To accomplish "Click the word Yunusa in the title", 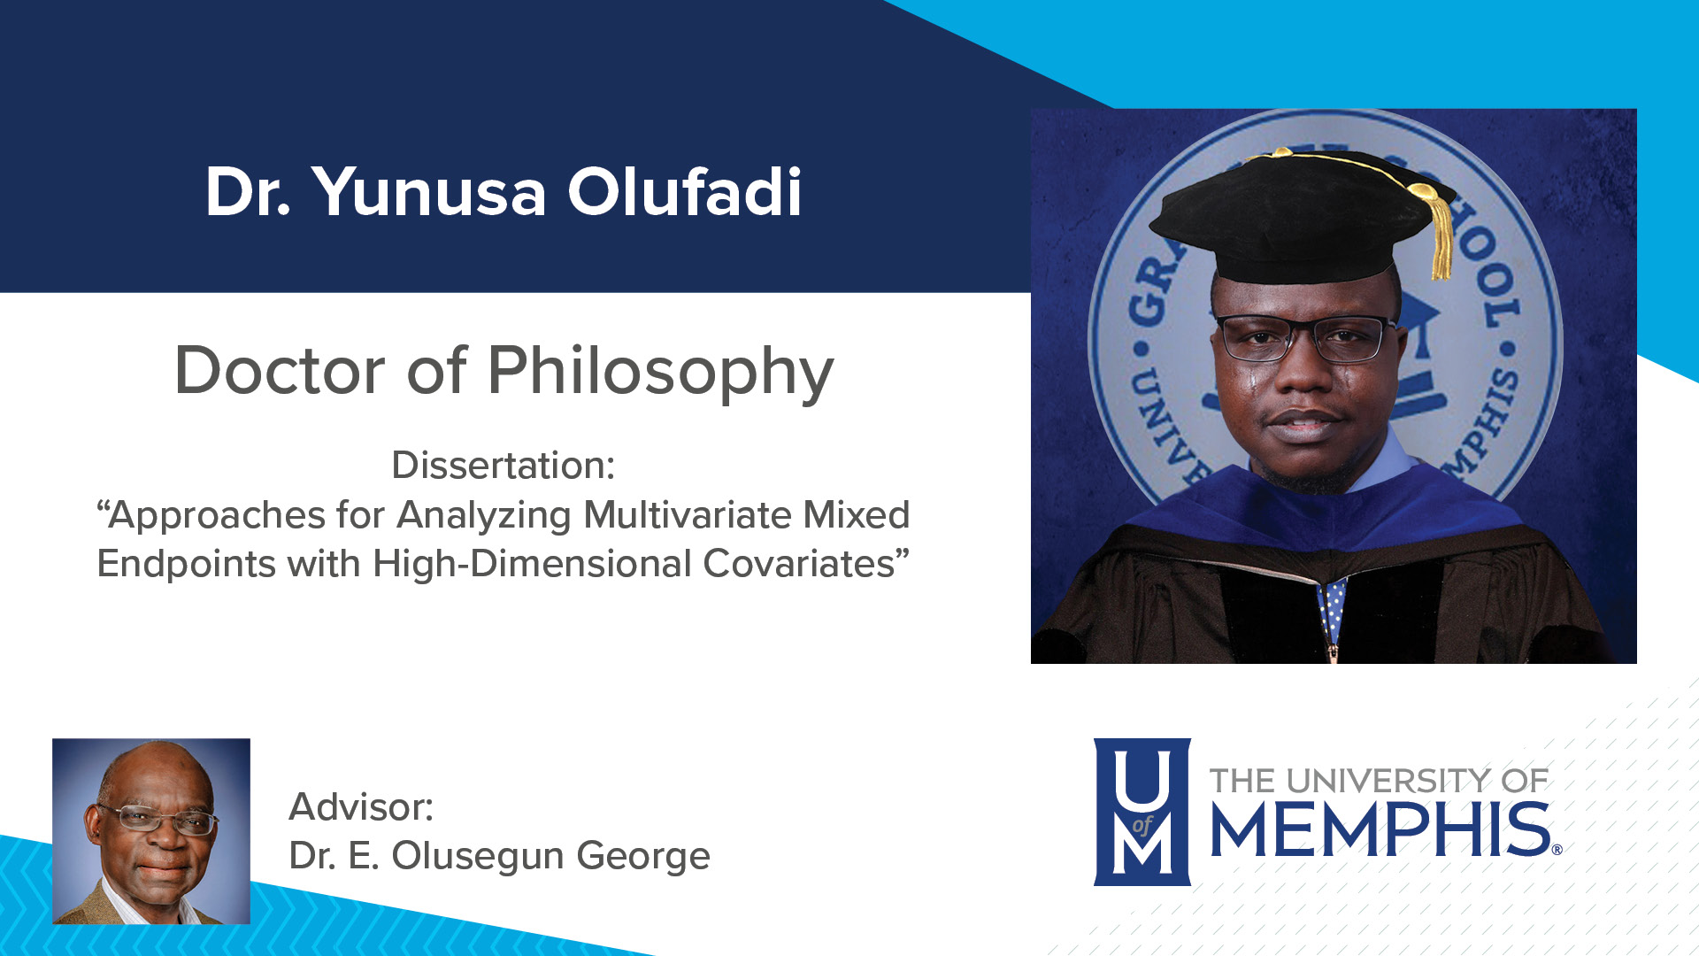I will click(428, 192).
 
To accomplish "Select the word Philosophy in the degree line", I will click(660, 372).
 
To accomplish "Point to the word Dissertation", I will click(503, 466).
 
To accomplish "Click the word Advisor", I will click(361, 807).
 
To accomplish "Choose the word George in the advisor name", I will click(643, 857).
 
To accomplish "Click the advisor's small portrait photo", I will click(151, 831).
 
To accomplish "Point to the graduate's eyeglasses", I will click(1305, 339).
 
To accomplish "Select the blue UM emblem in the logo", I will click(1142, 812).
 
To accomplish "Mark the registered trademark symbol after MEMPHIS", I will click(1557, 850).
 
